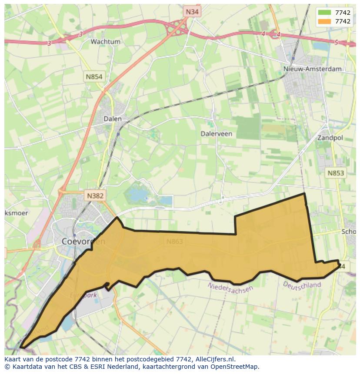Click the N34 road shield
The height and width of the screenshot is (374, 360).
pyautogui.click(x=191, y=12)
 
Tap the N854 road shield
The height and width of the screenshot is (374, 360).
pyautogui.click(x=94, y=77)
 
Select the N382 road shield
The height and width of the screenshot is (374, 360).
pyautogui.click(x=95, y=195)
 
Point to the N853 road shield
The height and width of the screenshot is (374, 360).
pyautogui.click(x=336, y=173)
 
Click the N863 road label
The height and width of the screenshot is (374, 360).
pyautogui.click(x=174, y=242)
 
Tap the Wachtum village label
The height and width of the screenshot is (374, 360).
pyautogui.click(x=105, y=42)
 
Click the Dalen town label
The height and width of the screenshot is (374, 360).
pyautogui.click(x=113, y=119)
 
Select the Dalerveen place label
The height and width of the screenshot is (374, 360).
pyautogui.click(x=216, y=134)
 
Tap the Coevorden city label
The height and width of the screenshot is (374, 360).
pyautogui.click(x=83, y=242)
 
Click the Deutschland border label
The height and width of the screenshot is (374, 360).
pyautogui.click(x=302, y=285)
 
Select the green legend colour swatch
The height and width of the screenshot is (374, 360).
pyautogui.click(x=324, y=13)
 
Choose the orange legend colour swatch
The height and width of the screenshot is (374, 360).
pyautogui.click(x=324, y=21)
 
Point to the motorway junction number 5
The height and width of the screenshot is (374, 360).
pyautogui.click(x=336, y=42)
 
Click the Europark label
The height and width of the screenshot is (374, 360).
pyautogui.click(x=83, y=295)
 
